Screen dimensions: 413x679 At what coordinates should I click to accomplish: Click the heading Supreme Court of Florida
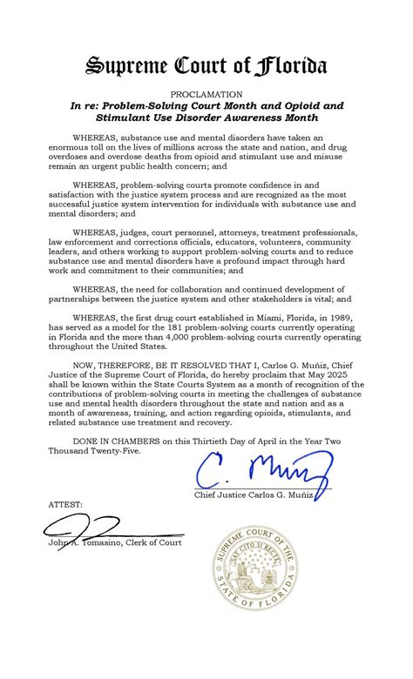[206, 65]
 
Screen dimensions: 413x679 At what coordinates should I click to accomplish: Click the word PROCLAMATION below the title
[206, 92]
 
